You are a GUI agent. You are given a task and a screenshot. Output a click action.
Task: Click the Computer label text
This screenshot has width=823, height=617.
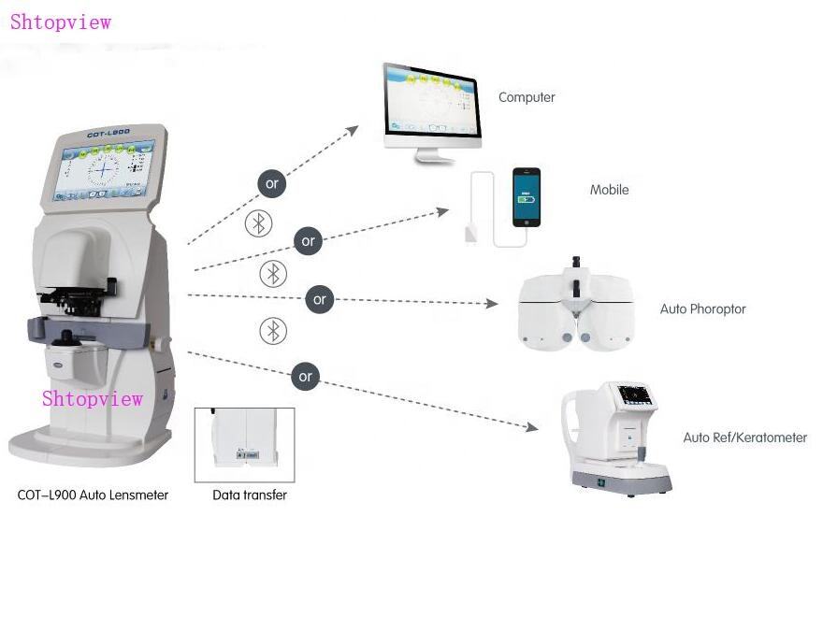[527, 97]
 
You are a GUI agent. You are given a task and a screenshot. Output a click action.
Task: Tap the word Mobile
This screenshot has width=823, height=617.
[609, 190]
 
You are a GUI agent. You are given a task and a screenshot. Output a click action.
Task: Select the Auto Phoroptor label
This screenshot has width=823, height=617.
[702, 308]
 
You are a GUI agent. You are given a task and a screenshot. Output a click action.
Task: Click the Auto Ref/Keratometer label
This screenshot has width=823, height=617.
[744, 438]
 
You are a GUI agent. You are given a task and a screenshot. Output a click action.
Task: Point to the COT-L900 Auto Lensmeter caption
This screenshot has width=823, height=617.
[93, 495]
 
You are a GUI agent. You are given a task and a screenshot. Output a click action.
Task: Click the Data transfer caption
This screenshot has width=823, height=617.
[250, 495]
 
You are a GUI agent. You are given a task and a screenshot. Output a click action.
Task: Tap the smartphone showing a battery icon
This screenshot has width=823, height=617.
[526, 197]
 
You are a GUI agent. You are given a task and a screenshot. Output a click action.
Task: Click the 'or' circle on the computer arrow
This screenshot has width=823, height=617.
[272, 183]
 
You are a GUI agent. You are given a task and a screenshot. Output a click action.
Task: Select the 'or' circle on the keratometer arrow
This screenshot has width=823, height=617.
[306, 377]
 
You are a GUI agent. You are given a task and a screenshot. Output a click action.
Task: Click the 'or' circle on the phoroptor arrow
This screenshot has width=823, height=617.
[320, 299]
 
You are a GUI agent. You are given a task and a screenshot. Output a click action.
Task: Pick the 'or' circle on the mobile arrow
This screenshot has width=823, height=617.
[308, 241]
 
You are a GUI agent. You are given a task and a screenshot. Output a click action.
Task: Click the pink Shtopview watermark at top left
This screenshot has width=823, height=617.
[61, 22]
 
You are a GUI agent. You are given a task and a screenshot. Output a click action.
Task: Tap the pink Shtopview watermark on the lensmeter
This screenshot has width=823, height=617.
[93, 398]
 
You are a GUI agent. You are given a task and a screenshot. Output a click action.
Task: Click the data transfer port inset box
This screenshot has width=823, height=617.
[244, 444]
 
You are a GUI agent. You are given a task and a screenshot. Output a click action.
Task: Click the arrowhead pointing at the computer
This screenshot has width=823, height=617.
[352, 130]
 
